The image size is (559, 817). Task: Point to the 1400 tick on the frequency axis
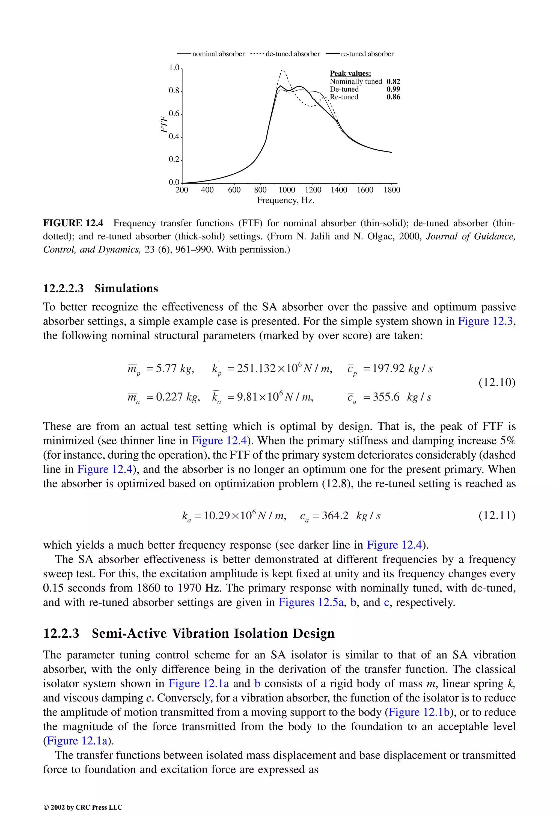coord(339,190)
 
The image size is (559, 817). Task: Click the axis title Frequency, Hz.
coord(286,200)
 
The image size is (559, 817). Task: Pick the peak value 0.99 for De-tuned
coord(393,89)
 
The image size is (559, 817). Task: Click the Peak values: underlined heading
coord(350,73)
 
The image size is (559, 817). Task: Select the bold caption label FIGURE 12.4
coord(73,223)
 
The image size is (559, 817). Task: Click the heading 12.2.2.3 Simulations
coord(100,288)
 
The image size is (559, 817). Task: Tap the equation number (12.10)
coord(497,382)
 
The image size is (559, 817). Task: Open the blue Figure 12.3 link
coord(485,321)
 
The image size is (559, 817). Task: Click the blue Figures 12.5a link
coord(311,602)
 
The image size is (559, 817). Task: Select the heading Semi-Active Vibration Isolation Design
coord(213,634)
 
